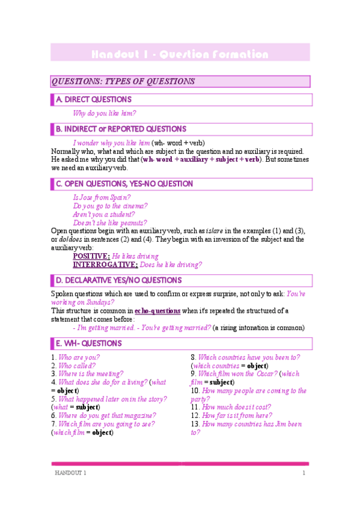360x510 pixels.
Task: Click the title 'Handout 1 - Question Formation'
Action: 180,55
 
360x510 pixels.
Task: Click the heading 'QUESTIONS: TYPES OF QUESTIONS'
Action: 123,81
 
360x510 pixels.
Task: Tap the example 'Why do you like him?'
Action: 104,113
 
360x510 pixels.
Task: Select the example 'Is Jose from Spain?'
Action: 102,197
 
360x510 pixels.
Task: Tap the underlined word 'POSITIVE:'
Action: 91,256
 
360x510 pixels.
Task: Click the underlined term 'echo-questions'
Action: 157,311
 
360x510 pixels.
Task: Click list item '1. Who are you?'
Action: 76,357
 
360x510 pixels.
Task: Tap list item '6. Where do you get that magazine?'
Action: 103,415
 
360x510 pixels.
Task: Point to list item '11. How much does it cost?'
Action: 231,407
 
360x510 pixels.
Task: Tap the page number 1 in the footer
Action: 304,473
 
